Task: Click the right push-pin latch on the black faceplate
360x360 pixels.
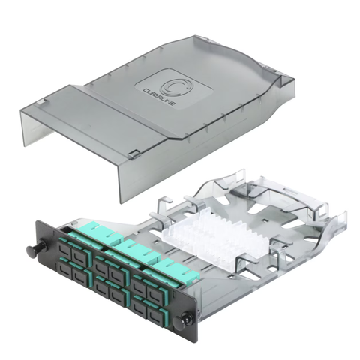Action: pyautogui.click(x=181, y=320)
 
